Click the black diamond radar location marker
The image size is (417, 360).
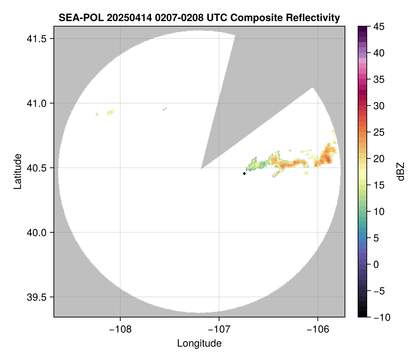[244, 173]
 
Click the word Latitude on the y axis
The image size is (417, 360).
[17, 171]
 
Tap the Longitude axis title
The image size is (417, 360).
[199, 343]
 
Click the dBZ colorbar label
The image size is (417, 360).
[401, 172]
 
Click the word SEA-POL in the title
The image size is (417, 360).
[76, 17]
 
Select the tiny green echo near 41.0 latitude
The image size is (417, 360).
[165, 109]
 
